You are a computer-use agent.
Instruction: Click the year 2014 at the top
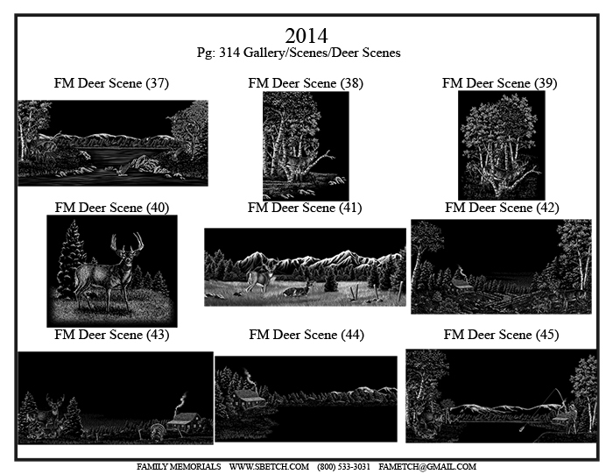pos(306,36)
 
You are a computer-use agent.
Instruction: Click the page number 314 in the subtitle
pos(229,53)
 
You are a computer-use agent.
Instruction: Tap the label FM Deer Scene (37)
pos(111,83)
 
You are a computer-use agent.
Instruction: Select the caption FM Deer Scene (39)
pos(500,83)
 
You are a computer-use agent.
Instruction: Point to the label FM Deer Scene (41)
pos(305,208)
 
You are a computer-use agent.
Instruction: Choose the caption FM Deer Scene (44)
pos(306,335)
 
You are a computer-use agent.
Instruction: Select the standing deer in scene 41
pos(260,277)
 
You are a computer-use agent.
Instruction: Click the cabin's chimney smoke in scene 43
pos(181,403)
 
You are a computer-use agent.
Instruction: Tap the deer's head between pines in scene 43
pos(54,405)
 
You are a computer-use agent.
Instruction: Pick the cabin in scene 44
pos(249,400)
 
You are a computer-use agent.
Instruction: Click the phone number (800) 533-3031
pos(343,467)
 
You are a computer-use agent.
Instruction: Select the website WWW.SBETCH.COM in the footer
pos(269,467)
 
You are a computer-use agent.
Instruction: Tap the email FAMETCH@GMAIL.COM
pos(427,467)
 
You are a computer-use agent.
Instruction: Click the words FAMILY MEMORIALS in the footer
pos(179,467)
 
